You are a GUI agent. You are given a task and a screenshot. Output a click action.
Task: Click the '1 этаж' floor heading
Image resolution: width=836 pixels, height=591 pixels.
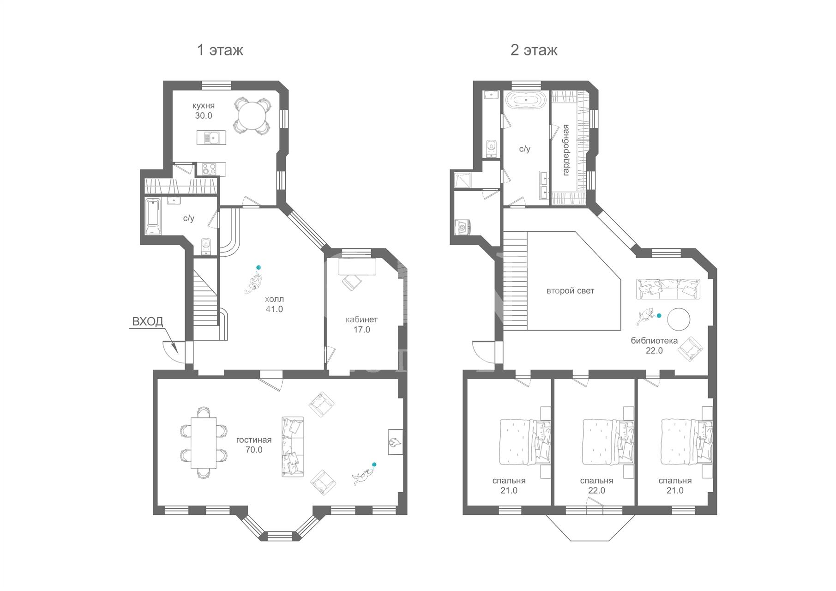220,50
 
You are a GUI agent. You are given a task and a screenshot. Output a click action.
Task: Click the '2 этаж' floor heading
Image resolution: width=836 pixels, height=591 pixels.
534,50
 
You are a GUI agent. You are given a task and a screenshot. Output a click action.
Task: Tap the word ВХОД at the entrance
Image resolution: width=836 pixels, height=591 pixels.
148,321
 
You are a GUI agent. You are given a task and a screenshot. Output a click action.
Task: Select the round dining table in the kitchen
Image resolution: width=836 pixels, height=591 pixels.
252,116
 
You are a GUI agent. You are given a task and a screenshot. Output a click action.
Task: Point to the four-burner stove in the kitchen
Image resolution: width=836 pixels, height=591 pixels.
209,169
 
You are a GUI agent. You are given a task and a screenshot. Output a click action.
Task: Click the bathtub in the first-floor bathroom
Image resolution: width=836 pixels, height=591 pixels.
153,217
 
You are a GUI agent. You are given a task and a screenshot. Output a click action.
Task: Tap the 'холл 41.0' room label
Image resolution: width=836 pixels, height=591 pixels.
274,304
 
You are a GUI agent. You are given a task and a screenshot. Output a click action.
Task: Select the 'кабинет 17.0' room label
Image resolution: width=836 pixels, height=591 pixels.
362,325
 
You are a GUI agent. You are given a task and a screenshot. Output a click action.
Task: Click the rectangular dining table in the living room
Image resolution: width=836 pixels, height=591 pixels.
204,442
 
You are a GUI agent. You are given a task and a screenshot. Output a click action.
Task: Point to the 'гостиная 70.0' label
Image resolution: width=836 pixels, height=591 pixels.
254,445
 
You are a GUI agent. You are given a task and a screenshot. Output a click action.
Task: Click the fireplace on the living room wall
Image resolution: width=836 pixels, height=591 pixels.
395,442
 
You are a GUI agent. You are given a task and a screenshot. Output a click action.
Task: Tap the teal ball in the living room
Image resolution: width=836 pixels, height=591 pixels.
374,464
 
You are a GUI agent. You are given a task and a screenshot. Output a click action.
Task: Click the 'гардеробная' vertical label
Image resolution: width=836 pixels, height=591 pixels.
566,150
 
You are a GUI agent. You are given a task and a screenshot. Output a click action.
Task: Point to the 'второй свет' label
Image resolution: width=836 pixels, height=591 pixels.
570,291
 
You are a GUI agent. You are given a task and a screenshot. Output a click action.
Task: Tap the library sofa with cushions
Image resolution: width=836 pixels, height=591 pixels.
668,289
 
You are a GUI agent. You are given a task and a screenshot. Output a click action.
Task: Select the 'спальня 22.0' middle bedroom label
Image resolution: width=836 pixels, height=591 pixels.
596,485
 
